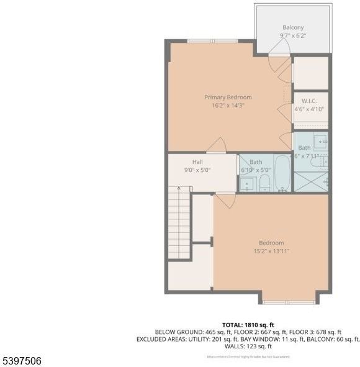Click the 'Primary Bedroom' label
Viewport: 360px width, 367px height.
(228, 97)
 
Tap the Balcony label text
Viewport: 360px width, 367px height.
(293, 27)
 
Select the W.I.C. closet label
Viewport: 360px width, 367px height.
(310, 101)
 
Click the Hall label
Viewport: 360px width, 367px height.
(197, 161)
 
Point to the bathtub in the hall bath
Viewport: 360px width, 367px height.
(281, 173)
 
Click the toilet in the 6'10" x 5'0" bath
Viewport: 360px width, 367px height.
(264, 182)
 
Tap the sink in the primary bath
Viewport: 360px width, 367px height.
(320, 139)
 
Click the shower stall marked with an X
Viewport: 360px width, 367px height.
(310, 182)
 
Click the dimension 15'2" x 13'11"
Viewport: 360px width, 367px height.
(271, 251)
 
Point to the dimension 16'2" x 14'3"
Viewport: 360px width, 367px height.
(228, 106)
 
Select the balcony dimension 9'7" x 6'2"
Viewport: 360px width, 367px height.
(293, 36)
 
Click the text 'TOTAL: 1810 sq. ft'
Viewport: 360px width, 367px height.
(248, 325)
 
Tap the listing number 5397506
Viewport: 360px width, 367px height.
(22, 360)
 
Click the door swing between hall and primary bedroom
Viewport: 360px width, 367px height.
(217, 146)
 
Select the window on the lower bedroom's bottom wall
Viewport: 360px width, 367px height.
(279, 302)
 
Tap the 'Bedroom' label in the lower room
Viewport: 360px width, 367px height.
(271, 243)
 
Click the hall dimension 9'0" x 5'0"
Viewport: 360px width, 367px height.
(197, 170)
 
